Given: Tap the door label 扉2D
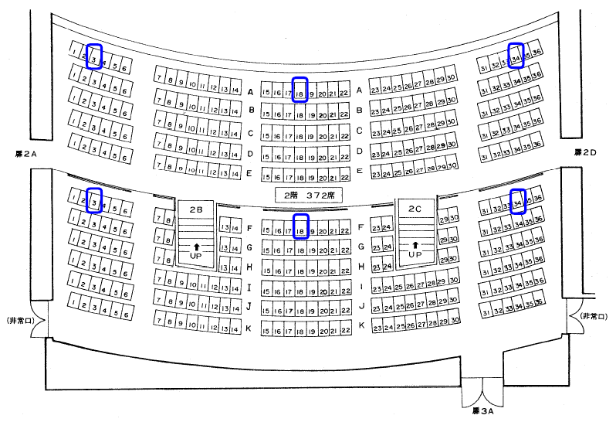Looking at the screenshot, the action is click(x=584, y=153).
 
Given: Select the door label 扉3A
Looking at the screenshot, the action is click(x=482, y=411).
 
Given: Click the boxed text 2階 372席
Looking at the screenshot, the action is click(x=308, y=193).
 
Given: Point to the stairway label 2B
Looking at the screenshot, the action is click(x=195, y=209).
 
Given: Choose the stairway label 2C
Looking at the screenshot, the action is click(x=415, y=209).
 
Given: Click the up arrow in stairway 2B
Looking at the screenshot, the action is click(x=195, y=245).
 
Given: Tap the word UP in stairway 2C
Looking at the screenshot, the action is click(x=415, y=254).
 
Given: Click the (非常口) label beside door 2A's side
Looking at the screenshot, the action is click(x=18, y=318).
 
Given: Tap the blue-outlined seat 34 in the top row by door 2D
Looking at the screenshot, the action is click(x=516, y=54).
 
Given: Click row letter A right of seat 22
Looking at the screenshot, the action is click(x=359, y=90).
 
